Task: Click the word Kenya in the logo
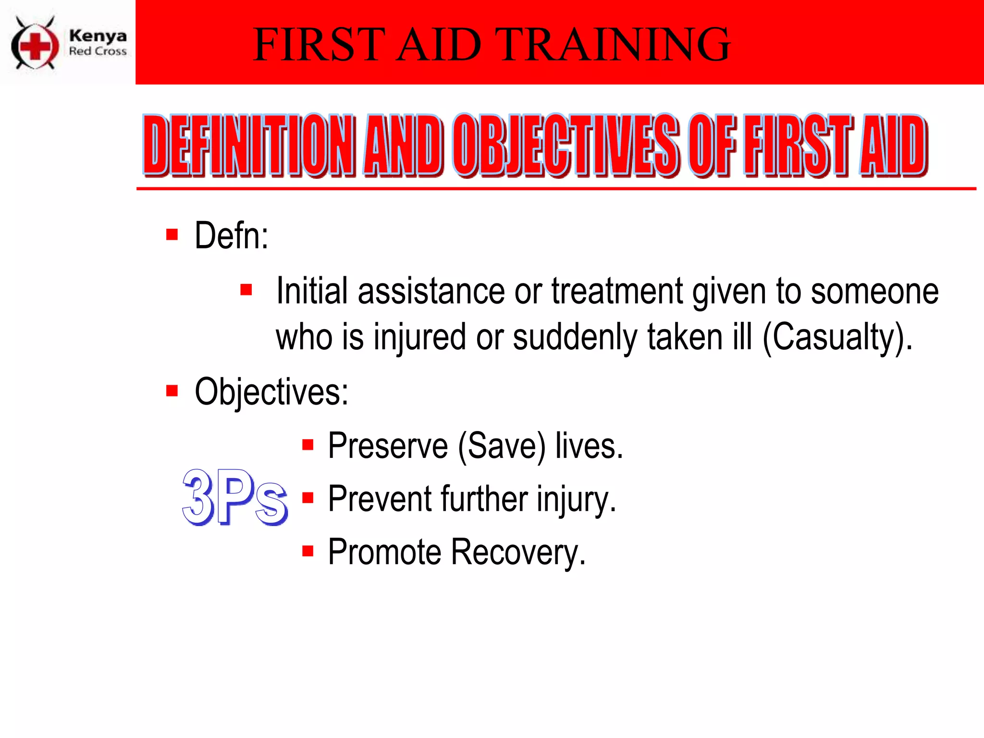pyautogui.click(x=98, y=36)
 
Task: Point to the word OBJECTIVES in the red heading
pyautogui.click(x=566, y=146)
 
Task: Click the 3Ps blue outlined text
pyautogui.click(x=234, y=498)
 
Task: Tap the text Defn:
pyautogui.click(x=232, y=236)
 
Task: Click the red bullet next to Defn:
pyautogui.click(x=172, y=234)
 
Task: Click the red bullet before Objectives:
pyautogui.click(x=172, y=391)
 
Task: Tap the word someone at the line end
pyautogui.click(x=874, y=291)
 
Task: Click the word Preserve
pyautogui.click(x=388, y=446)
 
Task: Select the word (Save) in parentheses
pyautogui.click(x=502, y=446)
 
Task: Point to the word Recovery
pyautogui.click(x=518, y=552)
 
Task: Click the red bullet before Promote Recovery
pyautogui.click(x=308, y=551)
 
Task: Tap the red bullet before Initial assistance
pyautogui.click(x=246, y=290)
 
